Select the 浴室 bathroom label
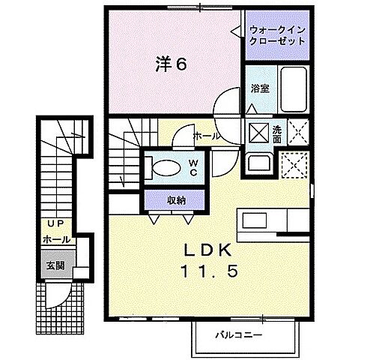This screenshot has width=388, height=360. coord(260,88)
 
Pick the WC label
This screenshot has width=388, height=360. coord(193,166)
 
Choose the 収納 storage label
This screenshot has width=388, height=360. coord(177,199)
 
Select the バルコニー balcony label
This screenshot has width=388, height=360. coord(240,335)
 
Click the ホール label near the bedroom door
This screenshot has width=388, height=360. coord(206,136)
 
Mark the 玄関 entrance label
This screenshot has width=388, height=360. coord(55,265)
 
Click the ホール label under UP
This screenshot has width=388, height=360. coord(57,239)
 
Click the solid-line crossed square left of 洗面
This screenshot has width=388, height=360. coord(258,133)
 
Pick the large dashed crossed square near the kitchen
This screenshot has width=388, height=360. coord(294,164)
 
